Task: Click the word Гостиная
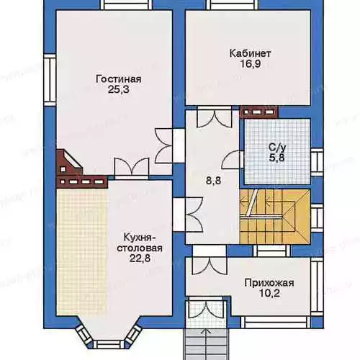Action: [118, 79]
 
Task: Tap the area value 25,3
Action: [119, 89]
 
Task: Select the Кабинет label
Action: [250, 53]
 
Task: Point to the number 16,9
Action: [251, 64]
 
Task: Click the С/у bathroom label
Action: [277, 148]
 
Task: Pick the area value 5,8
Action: [277, 158]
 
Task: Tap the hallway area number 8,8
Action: [214, 181]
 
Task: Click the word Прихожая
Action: [269, 283]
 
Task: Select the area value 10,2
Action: [269, 293]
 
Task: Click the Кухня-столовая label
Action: [140, 243]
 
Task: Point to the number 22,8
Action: [140, 258]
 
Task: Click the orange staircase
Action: [275, 217]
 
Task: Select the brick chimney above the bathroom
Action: [259, 112]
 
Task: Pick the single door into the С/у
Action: [230, 160]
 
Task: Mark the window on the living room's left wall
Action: [50, 79]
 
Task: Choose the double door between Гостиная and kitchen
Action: [132, 167]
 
